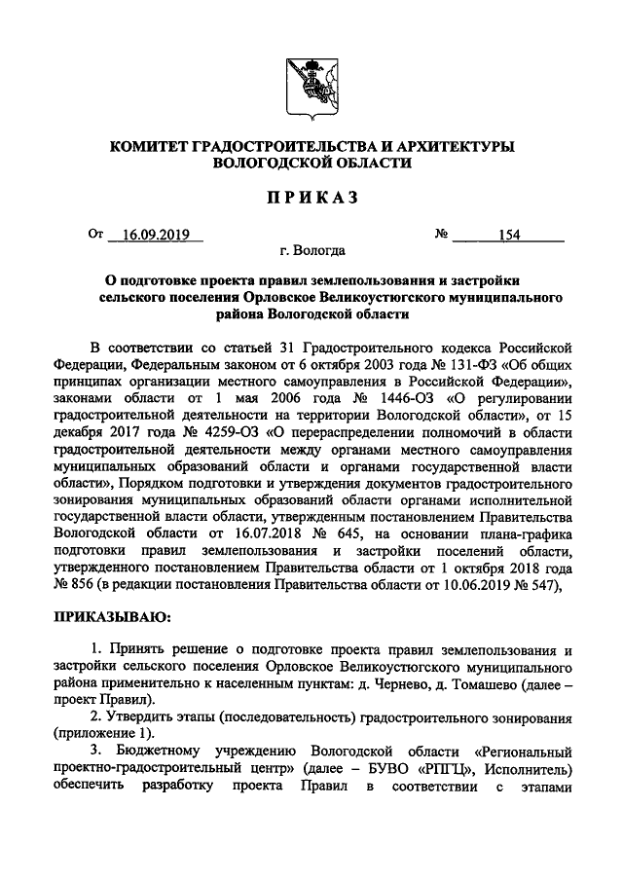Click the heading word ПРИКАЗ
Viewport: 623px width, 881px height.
click(x=311, y=200)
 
